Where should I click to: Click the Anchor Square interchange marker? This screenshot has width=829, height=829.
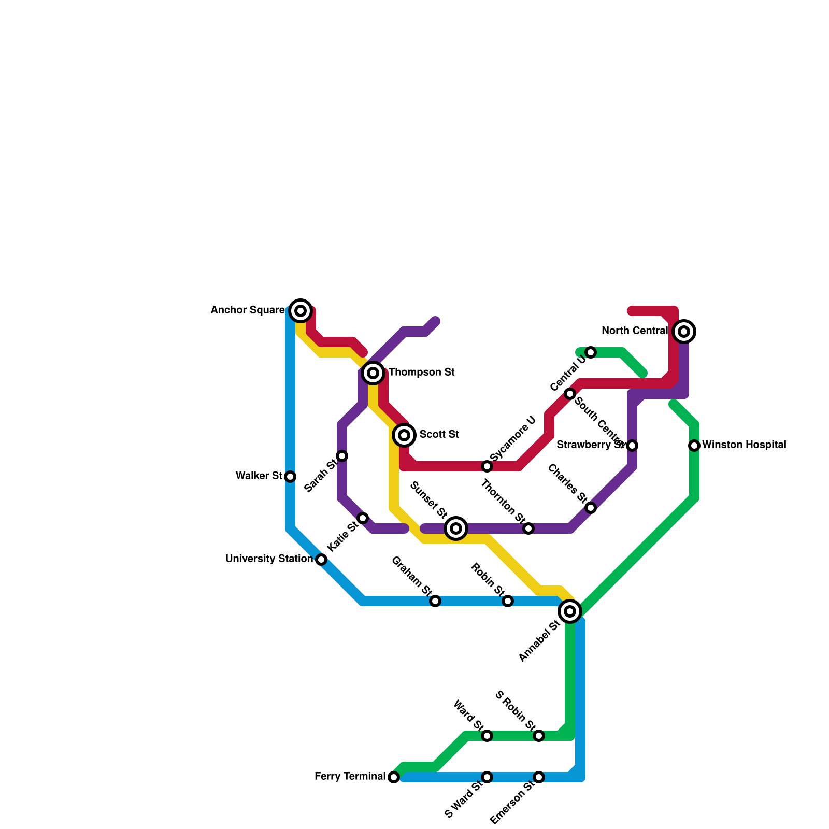301,311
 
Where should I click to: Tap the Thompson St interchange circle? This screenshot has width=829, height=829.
373,373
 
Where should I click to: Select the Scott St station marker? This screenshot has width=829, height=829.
404,435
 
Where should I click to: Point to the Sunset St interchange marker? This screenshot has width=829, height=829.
456,528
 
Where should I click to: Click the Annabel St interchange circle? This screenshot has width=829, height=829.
570,611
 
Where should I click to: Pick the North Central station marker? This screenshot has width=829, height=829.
684,332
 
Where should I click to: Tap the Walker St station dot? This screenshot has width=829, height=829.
291,477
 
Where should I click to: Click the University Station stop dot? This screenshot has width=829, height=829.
321,560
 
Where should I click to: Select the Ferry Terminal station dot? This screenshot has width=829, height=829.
394,777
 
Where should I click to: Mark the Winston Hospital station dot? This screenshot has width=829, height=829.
694,446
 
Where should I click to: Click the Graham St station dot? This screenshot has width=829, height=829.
435,601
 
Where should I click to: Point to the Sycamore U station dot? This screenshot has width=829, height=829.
487,466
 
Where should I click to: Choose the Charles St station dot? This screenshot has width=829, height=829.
591,508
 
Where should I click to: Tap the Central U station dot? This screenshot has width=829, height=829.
591,352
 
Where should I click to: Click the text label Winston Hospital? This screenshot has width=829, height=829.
744,445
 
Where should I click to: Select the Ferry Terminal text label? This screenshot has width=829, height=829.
350,777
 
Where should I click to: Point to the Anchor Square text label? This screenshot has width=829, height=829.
248,310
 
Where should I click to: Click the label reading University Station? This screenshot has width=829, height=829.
269,559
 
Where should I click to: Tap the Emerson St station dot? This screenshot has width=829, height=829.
539,777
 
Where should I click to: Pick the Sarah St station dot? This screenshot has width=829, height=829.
342,456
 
